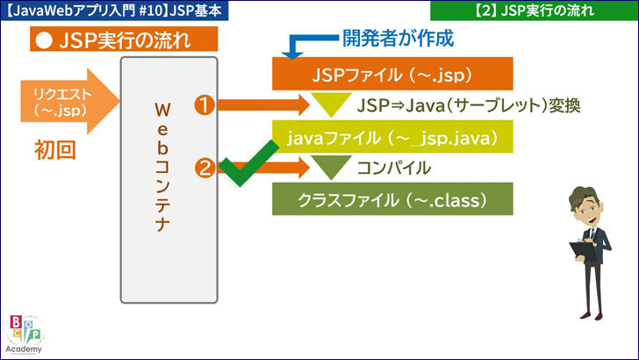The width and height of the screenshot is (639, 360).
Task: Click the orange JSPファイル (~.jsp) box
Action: point(391,74)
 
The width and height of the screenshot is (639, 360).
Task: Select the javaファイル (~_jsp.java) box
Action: point(391,138)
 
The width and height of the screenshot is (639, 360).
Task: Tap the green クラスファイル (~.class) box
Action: point(391,199)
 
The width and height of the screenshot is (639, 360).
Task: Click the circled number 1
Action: point(205,105)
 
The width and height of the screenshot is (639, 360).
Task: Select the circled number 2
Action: point(205,167)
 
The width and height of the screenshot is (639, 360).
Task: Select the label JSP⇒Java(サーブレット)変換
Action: point(470,105)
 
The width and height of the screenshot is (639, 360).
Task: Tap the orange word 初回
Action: point(54,149)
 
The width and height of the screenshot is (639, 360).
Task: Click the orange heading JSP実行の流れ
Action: point(123,40)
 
